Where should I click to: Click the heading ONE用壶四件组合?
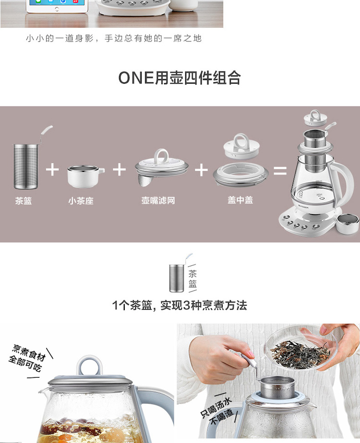click(180, 78)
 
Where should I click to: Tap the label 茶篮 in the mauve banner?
click(24, 201)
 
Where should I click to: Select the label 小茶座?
click(81, 201)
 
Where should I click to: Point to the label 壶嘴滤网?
click(158, 200)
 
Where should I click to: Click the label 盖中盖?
click(240, 200)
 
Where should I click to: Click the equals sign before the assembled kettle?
click(280, 170)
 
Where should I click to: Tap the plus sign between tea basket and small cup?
click(52, 170)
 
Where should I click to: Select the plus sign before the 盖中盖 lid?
click(201, 170)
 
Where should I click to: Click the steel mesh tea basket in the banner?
click(26, 167)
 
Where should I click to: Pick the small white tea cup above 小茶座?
click(85, 177)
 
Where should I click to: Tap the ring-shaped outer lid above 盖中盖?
click(241, 175)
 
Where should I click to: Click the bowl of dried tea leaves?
click(301, 348)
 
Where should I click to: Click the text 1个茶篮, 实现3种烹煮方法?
click(180, 305)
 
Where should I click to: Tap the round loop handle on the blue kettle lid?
click(89, 366)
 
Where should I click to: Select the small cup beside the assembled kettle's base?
click(348, 224)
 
